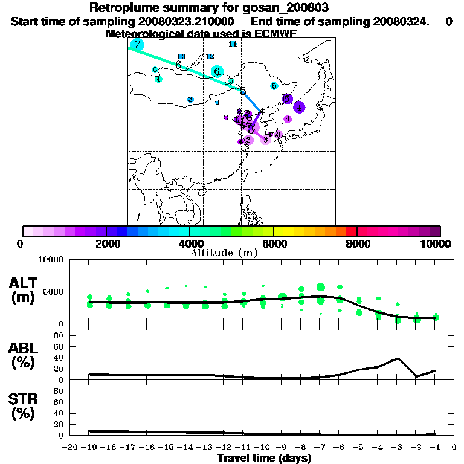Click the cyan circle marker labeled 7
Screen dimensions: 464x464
138,45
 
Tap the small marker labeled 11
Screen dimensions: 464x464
233,44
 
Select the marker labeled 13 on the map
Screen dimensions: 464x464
181,57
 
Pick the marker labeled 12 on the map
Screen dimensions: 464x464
210,57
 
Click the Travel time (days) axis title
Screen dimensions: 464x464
264,458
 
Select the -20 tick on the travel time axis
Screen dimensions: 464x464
70,448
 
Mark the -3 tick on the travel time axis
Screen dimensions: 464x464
397,448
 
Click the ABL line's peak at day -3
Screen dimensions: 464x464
398,358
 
